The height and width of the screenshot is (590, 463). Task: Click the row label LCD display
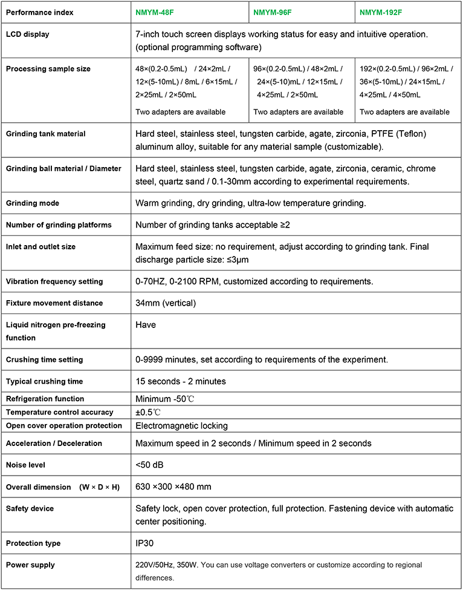[x=28, y=34]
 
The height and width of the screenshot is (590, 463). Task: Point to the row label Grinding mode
[x=33, y=203]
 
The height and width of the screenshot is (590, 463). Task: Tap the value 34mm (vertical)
[x=166, y=303]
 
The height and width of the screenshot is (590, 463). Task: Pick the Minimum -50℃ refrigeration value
[x=165, y=399]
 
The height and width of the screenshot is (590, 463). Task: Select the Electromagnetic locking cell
[x=181, y=426]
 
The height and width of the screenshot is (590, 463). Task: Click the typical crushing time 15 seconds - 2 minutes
[x=181, y=382]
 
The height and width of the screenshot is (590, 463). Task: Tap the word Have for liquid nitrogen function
[x=146, y=325]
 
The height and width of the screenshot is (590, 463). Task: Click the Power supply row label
[x=30, y=565]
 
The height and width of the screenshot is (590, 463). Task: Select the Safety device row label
[x=30, y=509]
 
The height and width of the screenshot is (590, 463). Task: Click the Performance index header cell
[x=40, y=12]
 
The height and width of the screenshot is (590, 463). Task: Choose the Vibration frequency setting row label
[x=54, y=281]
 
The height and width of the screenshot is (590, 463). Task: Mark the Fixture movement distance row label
[x=54, y=303]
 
